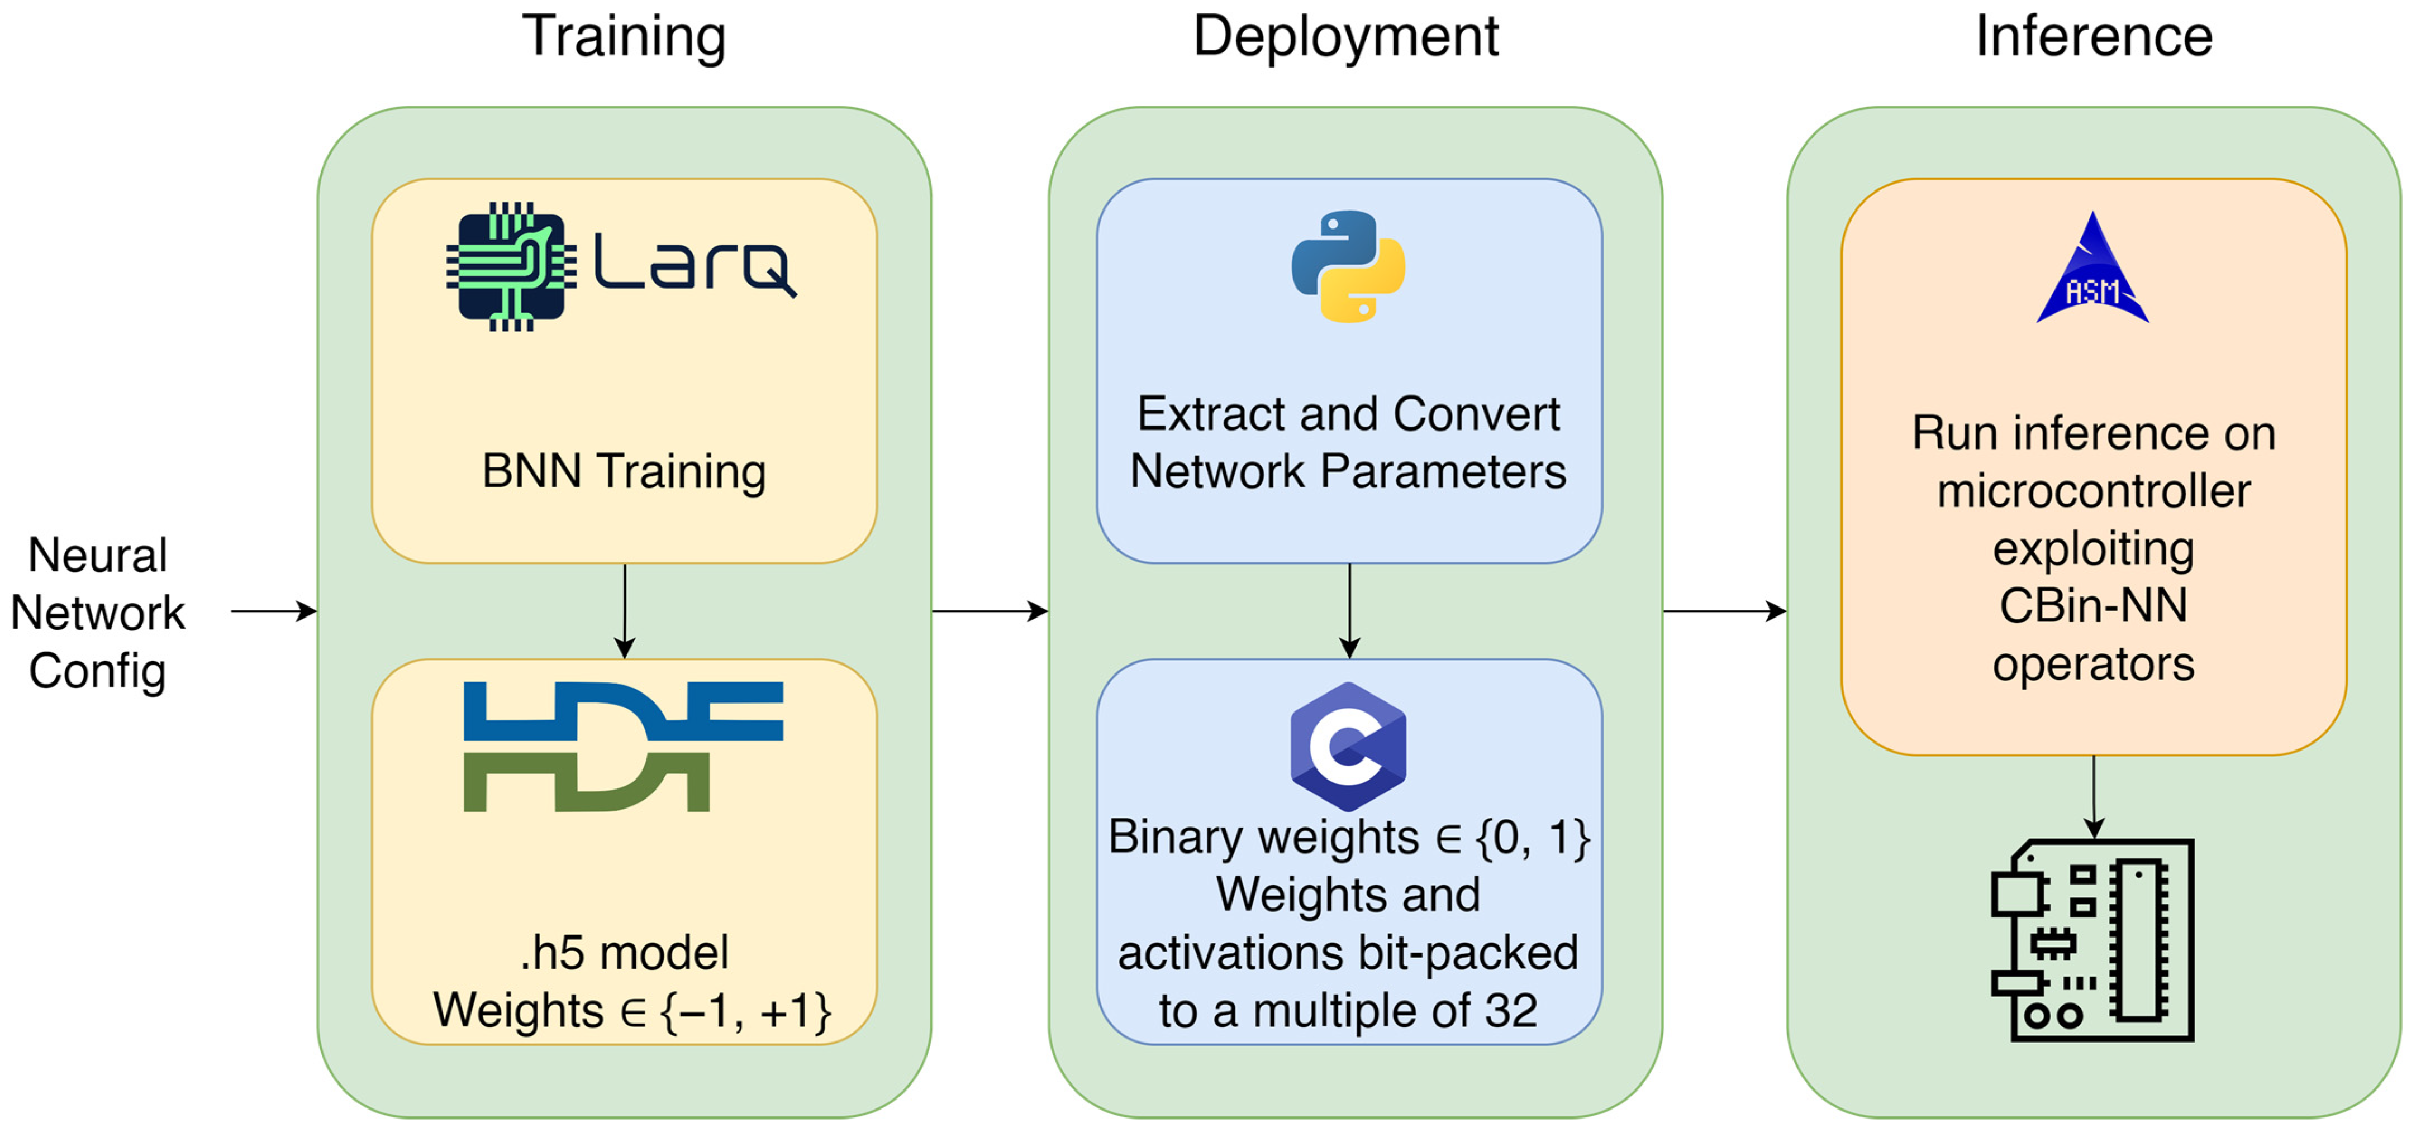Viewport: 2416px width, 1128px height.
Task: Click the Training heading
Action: click(624, 37)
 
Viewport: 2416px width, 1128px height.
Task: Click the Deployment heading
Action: click(1346, 37)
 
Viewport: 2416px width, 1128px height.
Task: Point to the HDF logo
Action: click(624, 747)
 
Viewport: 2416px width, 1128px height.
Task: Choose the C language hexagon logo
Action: click(1348, 747)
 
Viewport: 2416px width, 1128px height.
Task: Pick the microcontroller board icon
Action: click(2092, 939)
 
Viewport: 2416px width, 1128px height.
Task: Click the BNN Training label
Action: click(624, 471)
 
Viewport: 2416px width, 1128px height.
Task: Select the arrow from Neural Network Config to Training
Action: click(274, 611)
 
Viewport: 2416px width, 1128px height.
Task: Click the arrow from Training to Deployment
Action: click(990, 611)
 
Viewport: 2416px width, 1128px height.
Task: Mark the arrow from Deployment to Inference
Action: click(1725, 611)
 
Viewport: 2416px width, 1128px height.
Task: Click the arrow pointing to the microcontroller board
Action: click(2094, 797)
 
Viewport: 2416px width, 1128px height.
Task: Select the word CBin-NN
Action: click(2094, 606)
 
